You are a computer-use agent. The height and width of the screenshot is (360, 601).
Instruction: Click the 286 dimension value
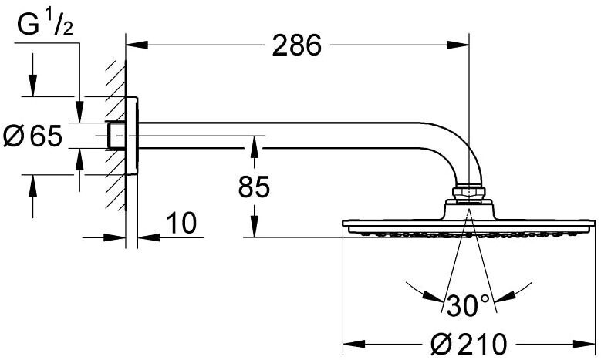point(297,45)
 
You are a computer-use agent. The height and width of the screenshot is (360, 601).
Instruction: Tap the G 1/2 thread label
point(46,26)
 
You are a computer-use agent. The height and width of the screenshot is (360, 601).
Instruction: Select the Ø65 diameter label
point(32,136)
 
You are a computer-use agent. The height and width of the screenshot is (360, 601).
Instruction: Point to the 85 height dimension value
point(254,187)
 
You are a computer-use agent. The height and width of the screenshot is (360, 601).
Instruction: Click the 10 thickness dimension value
point(181,223)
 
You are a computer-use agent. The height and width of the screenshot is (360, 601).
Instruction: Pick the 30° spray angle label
point(468,305)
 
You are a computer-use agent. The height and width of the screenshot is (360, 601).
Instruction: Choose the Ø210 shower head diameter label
point(468,344)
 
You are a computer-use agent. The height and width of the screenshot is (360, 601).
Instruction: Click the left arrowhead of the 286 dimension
point(137,45)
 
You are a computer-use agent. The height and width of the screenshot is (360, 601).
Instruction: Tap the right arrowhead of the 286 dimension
point(458,45)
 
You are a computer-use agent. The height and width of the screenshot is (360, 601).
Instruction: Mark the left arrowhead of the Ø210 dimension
point(353,344)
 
